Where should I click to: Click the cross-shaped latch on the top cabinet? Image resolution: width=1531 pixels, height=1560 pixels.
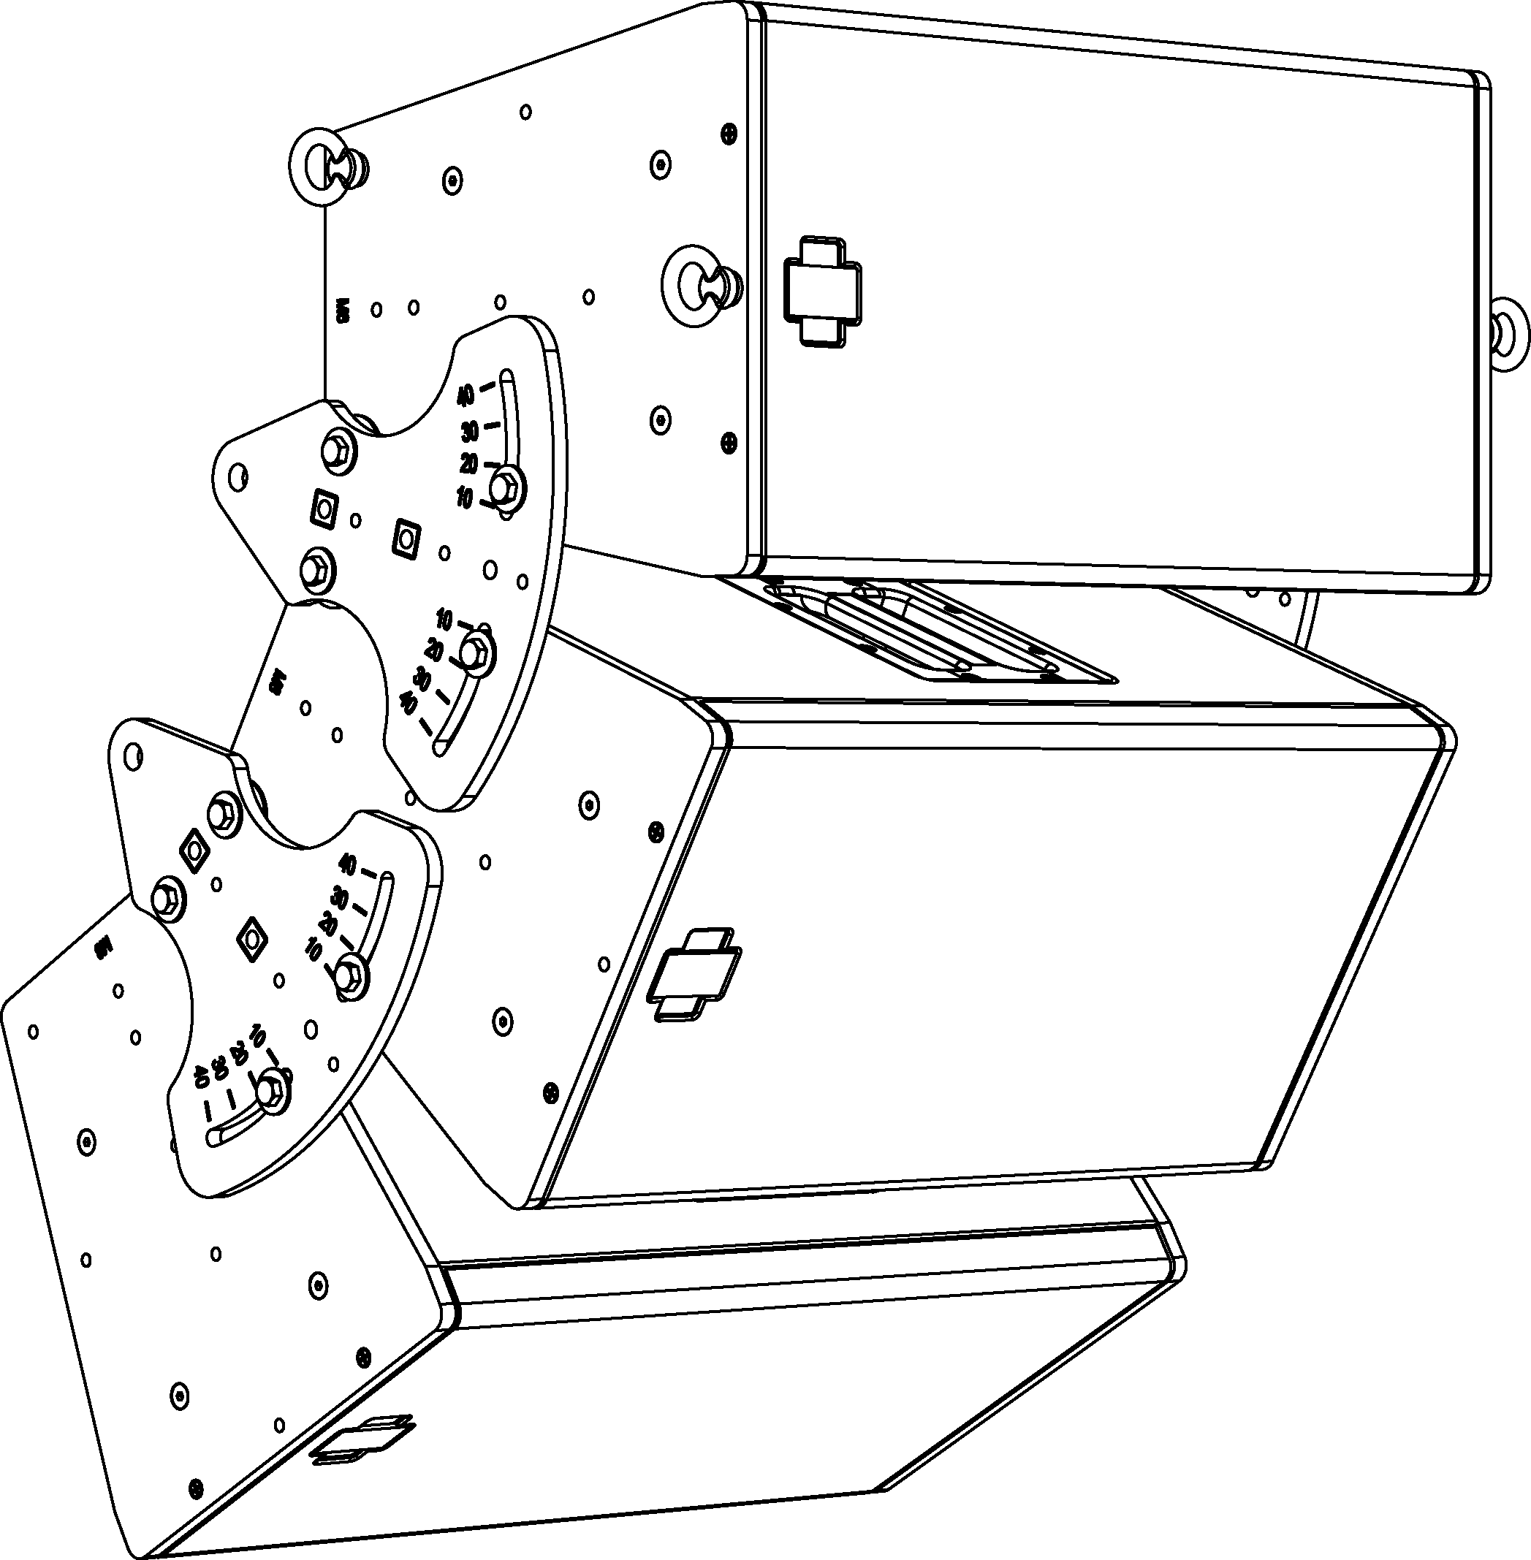click(x=821, y=292)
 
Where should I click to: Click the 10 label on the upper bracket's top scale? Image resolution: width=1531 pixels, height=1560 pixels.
click(x=465, y=498)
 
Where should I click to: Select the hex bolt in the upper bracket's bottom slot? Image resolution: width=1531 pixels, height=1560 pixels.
click(x=475, y=650)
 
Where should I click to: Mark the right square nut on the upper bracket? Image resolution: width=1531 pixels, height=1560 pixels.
click(x=406, y=536)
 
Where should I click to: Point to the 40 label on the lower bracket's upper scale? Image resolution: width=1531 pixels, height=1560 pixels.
click(x=347, y=864)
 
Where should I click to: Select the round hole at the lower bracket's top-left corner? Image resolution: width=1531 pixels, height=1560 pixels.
click(x=134, y=753)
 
